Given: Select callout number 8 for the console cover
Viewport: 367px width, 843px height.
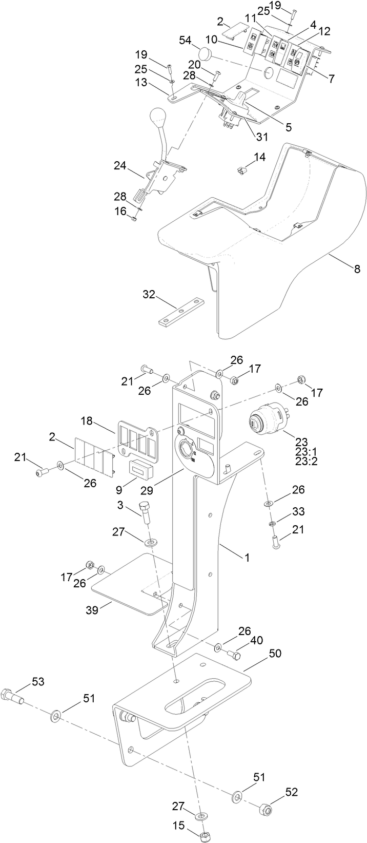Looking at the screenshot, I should [356, 269].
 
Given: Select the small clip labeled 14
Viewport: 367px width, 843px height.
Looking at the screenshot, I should [242, 170].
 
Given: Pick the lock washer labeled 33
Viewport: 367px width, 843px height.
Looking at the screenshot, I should [272, 524].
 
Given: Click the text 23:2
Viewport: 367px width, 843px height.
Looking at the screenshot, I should [307, 461].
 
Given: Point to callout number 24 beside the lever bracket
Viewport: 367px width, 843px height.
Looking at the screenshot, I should [120, 165].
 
